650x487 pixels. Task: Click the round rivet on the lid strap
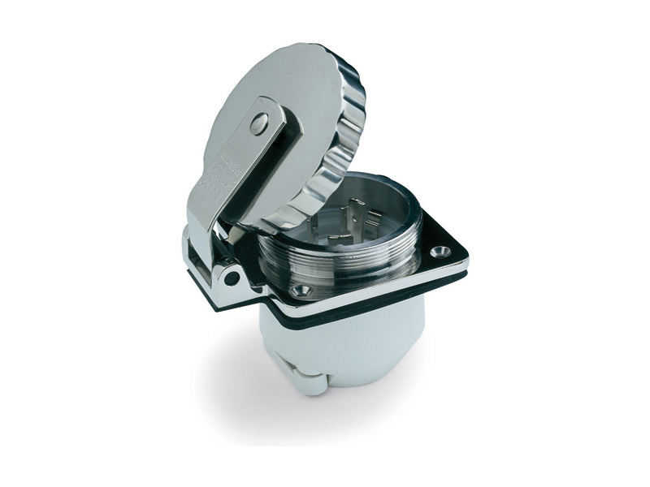[258, 123]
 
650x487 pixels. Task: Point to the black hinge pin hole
[233, 278]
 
